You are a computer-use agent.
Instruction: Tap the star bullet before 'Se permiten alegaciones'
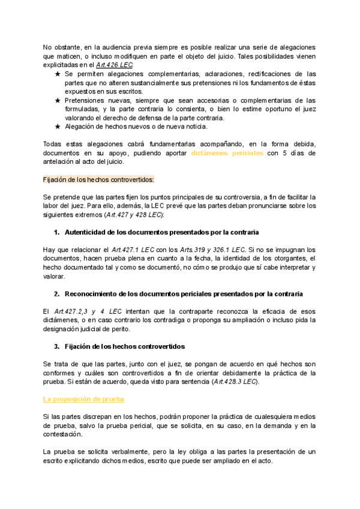tap(57, 74)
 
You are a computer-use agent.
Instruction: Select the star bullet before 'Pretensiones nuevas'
tap(57, 100)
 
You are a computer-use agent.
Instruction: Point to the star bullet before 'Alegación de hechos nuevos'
tap(57, 127)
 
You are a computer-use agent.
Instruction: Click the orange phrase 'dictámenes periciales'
tap(227, 153)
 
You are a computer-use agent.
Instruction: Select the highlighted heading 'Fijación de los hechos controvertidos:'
tap(99, 179)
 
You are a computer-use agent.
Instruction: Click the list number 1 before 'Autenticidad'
tap(56, 232)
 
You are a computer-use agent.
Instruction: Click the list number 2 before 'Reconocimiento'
tap(56, 294)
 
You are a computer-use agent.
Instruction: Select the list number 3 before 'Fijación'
tap(56, 346)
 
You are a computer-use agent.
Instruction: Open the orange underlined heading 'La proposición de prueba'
tap(83, 399)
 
